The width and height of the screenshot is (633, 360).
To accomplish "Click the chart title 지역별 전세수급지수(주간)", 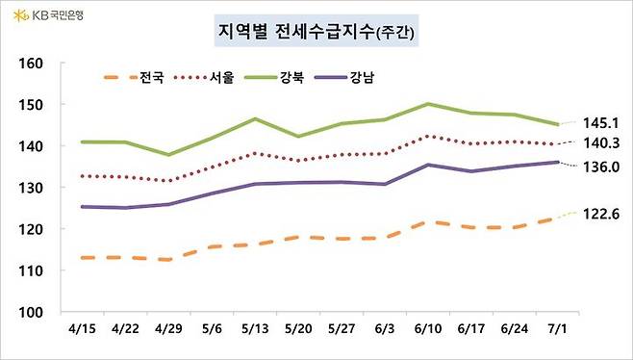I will click(x=316, y=35).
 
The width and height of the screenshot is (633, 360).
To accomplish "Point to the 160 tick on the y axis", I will click(x=33, y=63).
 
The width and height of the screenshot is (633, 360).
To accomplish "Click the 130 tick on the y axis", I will click(x=33, y=188).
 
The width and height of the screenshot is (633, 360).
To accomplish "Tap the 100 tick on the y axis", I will click(x=33, y=313).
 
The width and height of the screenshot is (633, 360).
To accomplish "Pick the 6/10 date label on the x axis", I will click(x=427, y=329).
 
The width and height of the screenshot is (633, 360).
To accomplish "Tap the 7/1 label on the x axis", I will click(x=557, y=329).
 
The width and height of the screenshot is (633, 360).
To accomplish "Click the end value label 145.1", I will click(x=601, y=122).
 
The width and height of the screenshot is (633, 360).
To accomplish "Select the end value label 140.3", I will click(x=601, y=142).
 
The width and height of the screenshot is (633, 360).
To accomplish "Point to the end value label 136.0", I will click(x=601, y=167).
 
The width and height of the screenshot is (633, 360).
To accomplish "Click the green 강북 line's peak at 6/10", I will click(x=427, y=104).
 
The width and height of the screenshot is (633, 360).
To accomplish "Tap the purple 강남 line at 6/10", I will click(x=427, y=165).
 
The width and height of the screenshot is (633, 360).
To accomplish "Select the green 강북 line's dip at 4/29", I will click(x=169, y=154).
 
